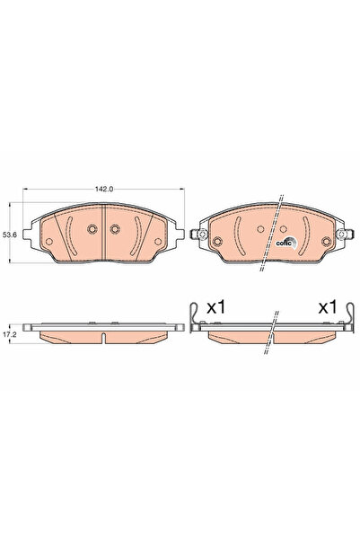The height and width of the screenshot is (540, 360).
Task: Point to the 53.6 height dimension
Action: (x=11, y=235)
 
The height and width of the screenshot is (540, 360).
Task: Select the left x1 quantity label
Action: (x=215, y=307)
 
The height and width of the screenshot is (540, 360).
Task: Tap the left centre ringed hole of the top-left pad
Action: (x=93, y=229)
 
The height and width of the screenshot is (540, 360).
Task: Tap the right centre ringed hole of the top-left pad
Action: (x=114, y=229)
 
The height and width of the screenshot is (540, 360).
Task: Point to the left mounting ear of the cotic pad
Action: (x=202, y=237)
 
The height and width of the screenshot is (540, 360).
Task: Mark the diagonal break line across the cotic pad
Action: (x=272, y=234)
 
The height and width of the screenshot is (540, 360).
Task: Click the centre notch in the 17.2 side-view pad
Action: (x=104, y=339)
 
